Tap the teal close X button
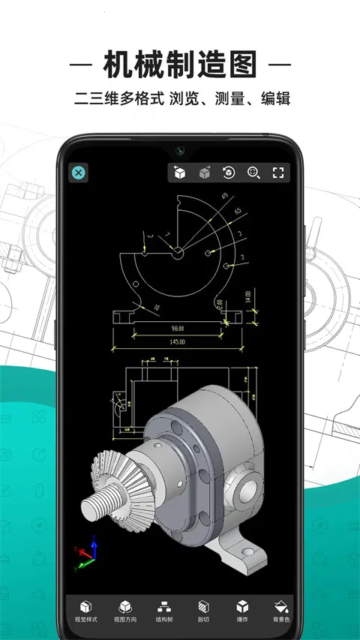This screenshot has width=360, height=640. pyautogui.click(x=78, y=173)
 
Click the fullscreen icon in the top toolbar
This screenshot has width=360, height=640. pyautogui.click(x=278, y=173)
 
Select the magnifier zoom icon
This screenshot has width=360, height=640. pyautogui.click(x=253, y=173)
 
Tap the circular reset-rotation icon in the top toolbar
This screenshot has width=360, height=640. pyautogui.click(x=229, y=173)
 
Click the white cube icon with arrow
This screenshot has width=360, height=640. pyautogui.click(x=179, y=173)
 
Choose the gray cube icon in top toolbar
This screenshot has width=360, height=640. pyautogui.click(x=204, y=173)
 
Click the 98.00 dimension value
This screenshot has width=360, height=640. pyautogui.click(x=178, y=328)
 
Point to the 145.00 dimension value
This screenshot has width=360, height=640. pyautogui.click(x=178, y=341)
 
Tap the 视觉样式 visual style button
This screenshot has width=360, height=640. pyautogui.click(x=85, y=612)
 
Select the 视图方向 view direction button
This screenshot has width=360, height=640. pyautogui.click(x=124, y=612)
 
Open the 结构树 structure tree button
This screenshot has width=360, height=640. pyautogui.click(x=163, y=612)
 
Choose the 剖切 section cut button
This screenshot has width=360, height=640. pyautogui.click(x=202, y=612)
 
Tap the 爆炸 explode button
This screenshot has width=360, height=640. pyautogui.click(x=241, y=612)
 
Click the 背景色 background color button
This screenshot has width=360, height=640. pyautogui.click(x=280, y=612)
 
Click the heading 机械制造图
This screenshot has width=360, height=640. pyautogui.click(x=180, y=66)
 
